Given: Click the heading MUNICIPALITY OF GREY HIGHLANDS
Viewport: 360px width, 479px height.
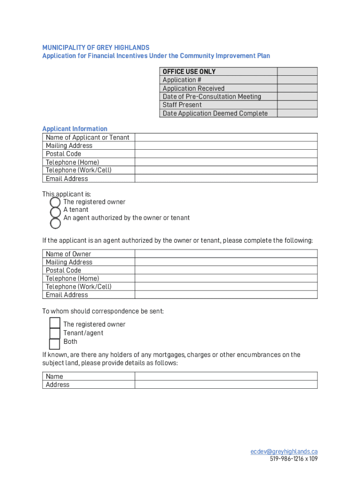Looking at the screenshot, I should tap(96, 48).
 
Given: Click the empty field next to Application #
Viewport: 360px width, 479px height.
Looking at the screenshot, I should tap(297, 80).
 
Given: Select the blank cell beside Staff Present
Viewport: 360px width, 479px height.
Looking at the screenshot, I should tap(297, 105).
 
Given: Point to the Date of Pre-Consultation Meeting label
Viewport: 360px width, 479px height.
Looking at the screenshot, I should tap(212, 96).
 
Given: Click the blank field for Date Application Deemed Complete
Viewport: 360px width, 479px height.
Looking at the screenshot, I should tap(297, 113).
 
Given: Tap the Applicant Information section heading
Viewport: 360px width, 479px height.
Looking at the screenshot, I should tap(75, 129).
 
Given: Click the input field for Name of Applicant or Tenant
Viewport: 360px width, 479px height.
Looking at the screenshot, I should tap(226, 137).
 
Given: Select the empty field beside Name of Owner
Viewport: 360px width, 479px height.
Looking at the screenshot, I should tap(226, 254).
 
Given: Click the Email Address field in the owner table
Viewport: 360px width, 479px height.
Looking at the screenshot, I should tap(226, 295).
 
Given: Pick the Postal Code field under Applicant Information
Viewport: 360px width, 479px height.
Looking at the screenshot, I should tap(226, 153).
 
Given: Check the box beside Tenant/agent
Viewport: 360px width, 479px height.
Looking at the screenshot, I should tap(55, 333).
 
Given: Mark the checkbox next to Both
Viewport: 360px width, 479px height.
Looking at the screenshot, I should tap(55, 343).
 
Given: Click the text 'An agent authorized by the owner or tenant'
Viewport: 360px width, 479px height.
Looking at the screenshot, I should tap(127, 218).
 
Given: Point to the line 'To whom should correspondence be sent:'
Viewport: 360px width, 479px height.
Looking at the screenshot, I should tap(103, 311).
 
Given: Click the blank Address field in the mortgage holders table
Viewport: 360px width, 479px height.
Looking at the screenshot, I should tap(226, 385).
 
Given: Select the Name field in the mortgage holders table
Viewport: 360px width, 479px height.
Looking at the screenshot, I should tap(226, 376).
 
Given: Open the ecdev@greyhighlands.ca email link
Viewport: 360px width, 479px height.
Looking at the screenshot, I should tap(284, 451).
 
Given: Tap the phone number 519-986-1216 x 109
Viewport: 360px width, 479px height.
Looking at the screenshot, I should tap(293, 459).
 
